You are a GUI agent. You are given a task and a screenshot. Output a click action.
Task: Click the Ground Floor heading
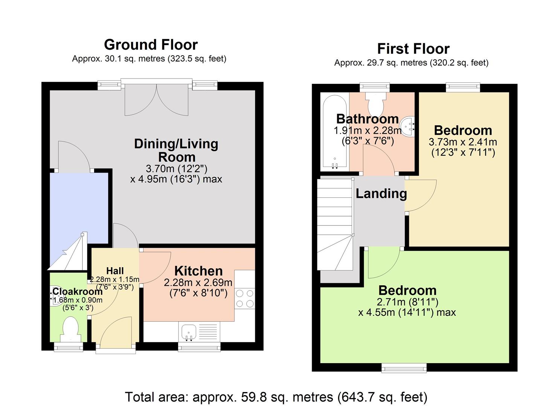point(151,45)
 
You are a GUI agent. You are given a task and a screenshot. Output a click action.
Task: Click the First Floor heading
point(413,49)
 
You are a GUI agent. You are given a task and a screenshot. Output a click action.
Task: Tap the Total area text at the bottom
point(276,397)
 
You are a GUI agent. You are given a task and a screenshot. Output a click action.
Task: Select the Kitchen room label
point(198,271)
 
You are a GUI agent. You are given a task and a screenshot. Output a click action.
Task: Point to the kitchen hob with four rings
point(245,298)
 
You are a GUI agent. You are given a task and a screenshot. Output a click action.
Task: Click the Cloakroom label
point(77,291)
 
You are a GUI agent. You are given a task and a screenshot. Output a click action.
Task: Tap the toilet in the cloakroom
point(70,328)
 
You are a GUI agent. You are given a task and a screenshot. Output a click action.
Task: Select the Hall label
point(115,271)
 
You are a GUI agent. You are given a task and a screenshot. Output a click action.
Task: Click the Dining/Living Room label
point(176,150)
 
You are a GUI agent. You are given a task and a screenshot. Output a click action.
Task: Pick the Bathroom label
point(367,119)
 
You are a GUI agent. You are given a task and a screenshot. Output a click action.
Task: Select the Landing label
point(381,194)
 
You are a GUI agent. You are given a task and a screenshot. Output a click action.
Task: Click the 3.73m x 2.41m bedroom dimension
point(463,142)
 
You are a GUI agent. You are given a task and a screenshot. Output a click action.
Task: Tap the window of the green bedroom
point(404,367)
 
